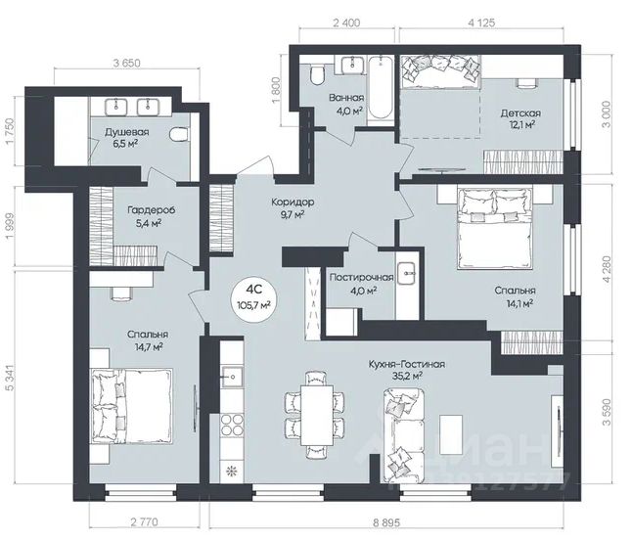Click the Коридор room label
(293, 202)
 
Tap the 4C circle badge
(254, 299)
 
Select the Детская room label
(520, 113)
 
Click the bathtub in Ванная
(381, 87)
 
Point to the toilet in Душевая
(179, 135)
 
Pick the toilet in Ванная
(317, 73)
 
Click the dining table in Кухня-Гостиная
(317, 415)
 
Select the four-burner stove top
(232, 426)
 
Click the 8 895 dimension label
(386, 522)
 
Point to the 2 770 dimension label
(144, 522)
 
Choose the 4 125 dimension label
(481, 22)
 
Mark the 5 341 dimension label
(9, 378)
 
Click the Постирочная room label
(361, 278)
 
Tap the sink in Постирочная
(407, 273)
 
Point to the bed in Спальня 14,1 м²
(495, 229)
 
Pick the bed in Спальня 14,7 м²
(133, 406)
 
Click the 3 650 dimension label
(126, 64)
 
